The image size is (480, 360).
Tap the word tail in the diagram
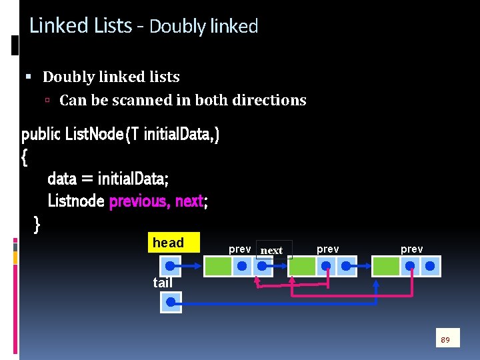click(163, 283)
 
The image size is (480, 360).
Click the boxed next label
click(273, 250)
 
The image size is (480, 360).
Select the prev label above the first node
click(239, 249)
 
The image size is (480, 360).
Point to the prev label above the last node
click(411, 249)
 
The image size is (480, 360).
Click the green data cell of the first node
click(217, 267)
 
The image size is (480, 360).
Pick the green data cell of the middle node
click(302, 267)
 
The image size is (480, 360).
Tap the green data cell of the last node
click(386, 267)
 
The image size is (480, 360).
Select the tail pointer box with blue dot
click(171, 303)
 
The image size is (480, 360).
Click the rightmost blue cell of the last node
click(431, 267)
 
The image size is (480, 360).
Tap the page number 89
click(446, 340)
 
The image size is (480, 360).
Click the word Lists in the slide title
click(113, 26)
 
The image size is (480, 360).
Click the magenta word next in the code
click(189, 201)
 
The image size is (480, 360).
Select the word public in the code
click(40, 135)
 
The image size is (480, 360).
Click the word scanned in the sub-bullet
click(133, 101)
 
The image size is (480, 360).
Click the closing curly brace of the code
click(37, 225)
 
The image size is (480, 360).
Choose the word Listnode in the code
click(76, 201)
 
